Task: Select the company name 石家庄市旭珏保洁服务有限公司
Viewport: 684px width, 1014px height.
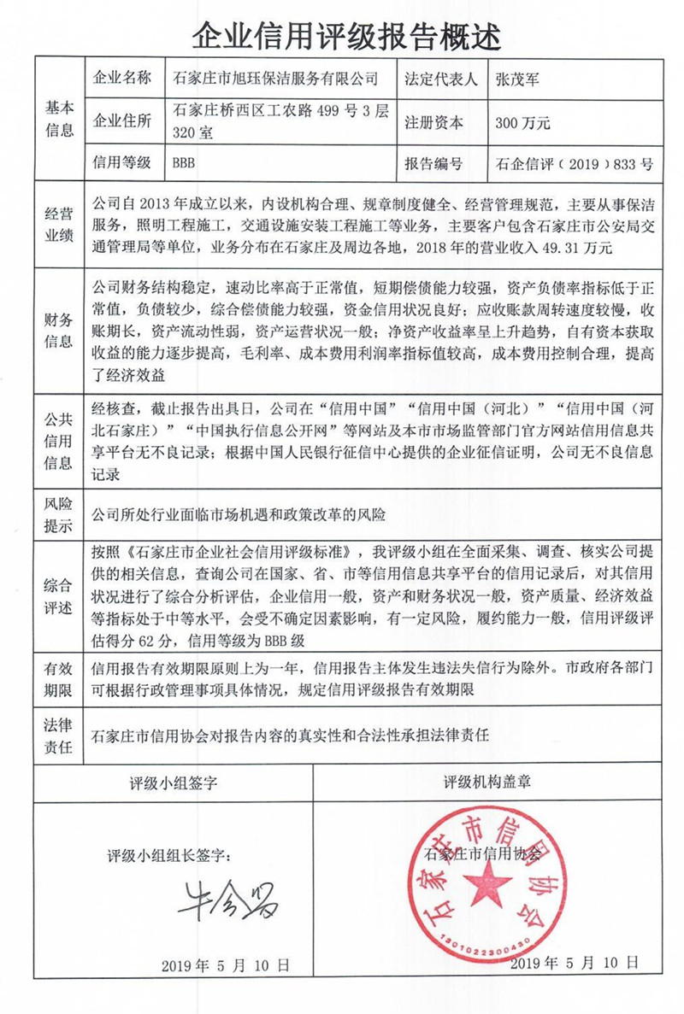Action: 274,79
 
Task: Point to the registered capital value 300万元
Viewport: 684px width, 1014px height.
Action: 522,123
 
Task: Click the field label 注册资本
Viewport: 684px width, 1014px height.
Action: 433,123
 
